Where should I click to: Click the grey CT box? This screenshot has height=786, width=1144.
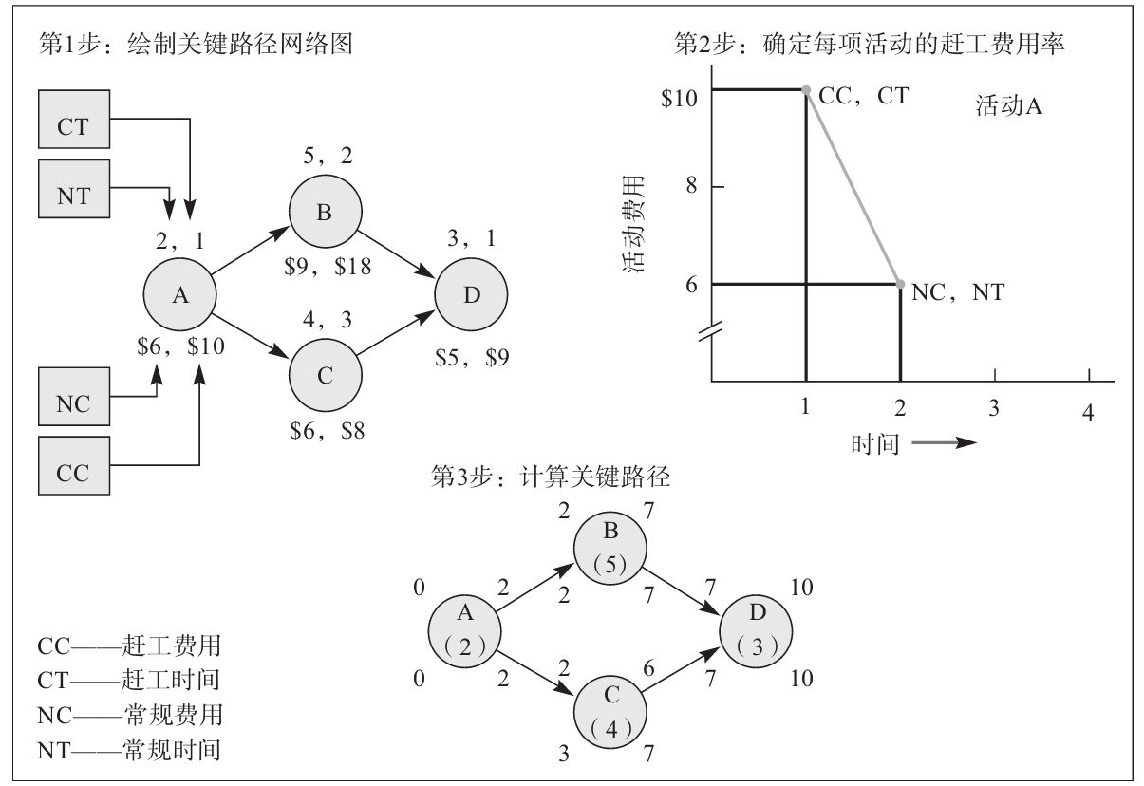[73, 120]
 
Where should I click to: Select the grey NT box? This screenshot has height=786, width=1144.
[73, 189]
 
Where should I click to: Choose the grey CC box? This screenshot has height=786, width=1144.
[73, 465]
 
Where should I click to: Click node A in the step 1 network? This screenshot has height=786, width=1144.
[179, 295]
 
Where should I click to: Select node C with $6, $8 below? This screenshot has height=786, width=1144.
[325, 375]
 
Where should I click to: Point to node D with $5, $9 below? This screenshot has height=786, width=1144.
[471, 295]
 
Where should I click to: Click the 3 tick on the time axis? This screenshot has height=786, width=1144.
[994, 408]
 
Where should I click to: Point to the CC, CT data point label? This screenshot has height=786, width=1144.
[863, 95]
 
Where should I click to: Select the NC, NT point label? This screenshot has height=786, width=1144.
[957, 293]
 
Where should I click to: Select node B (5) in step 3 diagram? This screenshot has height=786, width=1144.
[610, 550]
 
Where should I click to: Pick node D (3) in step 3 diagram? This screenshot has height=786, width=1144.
[756, 631]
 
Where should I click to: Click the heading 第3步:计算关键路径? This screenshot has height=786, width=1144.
[551, 477]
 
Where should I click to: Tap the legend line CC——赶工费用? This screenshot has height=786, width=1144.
[129, 646]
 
